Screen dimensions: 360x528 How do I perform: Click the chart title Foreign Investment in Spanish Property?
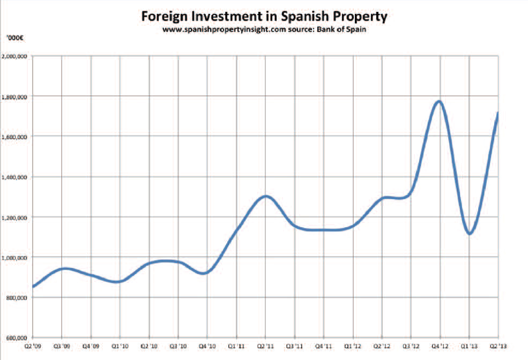coord(264,16)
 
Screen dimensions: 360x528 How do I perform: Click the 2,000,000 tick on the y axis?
coord(16,56)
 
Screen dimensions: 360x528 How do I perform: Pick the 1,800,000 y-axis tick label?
coord(16,96)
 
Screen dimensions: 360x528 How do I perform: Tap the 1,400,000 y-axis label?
coord(16,177)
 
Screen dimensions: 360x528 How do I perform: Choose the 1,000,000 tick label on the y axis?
coord(16,258)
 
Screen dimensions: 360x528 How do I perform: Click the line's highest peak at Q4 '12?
coord(440,101)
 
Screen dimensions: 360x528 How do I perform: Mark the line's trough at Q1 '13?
coord(470,234)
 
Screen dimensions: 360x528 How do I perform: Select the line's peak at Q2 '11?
coord(266,196)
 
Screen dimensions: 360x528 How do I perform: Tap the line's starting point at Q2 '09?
coord(34,287)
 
